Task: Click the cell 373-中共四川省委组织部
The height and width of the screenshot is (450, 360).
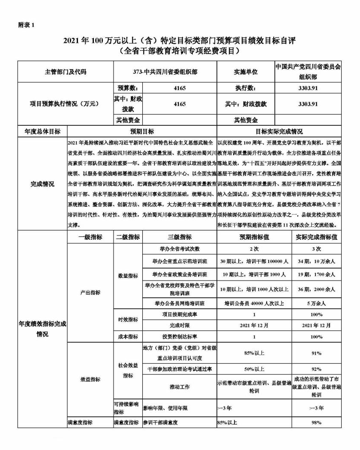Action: pyautogui.click(x=165, y=72)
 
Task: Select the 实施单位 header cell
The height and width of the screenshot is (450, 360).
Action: pyautogui.click(x=246, y=72)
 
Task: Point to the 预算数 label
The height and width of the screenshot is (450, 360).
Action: pyautogui.click(x=127, y=88)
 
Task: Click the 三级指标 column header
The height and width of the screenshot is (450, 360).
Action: pyautogui.click(x=180, y=237)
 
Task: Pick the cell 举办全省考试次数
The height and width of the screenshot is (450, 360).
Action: pyautogui.click(x=180, y=249)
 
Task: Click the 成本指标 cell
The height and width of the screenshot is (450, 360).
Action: pyautogui.click(x=127, y=337)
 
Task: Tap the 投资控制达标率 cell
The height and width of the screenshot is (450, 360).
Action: pyautogui.click(x=180, y=337)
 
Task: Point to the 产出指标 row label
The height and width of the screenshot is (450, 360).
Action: pyautogui.click(x=90, y=293)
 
